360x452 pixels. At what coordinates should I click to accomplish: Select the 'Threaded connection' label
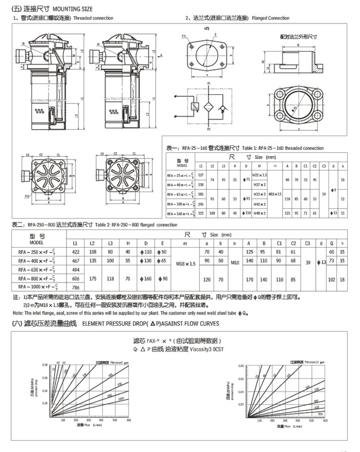pos(93,18)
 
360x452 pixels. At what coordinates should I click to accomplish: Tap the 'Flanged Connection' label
pos(270,18)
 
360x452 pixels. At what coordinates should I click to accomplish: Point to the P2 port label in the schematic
pos(208,129)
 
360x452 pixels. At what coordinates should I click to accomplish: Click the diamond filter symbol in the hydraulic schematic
pos(208,107)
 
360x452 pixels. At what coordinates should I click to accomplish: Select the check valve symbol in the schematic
pos(222,107)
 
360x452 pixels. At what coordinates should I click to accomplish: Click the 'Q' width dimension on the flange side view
pos(298,45)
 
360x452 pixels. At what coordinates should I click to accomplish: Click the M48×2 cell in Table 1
pos(260,213)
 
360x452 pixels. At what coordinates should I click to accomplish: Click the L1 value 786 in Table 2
pos(76,287)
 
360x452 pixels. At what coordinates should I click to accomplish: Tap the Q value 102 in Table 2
pos(332,280)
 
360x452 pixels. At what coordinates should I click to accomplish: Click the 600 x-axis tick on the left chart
pos(129,420)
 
